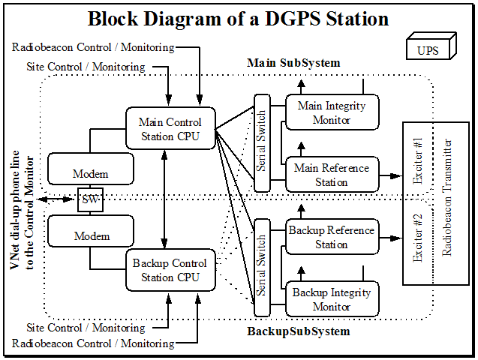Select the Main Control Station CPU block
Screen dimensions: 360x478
pyautogui.click(x=170, y=128)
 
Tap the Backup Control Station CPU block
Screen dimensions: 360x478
pyautogui.click(x=170, y=270)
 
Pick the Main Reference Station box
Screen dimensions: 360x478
pyautogui.click(x=332, y=175)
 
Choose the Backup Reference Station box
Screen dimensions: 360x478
pyautogui.click(x=332, y=237)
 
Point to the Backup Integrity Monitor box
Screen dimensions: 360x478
pyautogui.click(x=332, y=298)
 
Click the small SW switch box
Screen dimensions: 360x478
pyautogui.click(x=89, y=200)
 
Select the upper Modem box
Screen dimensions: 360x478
pyautogui.click(x=91, y=173)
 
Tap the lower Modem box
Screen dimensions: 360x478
pyautogui.click(x=91, y=235)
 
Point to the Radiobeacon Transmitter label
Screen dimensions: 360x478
pyautogui.click(x=448, y=198)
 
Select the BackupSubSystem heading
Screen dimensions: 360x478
pyautogui.click(x=299, y=331)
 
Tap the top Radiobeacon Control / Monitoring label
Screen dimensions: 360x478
pyautogui.click(x=93, y=47)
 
